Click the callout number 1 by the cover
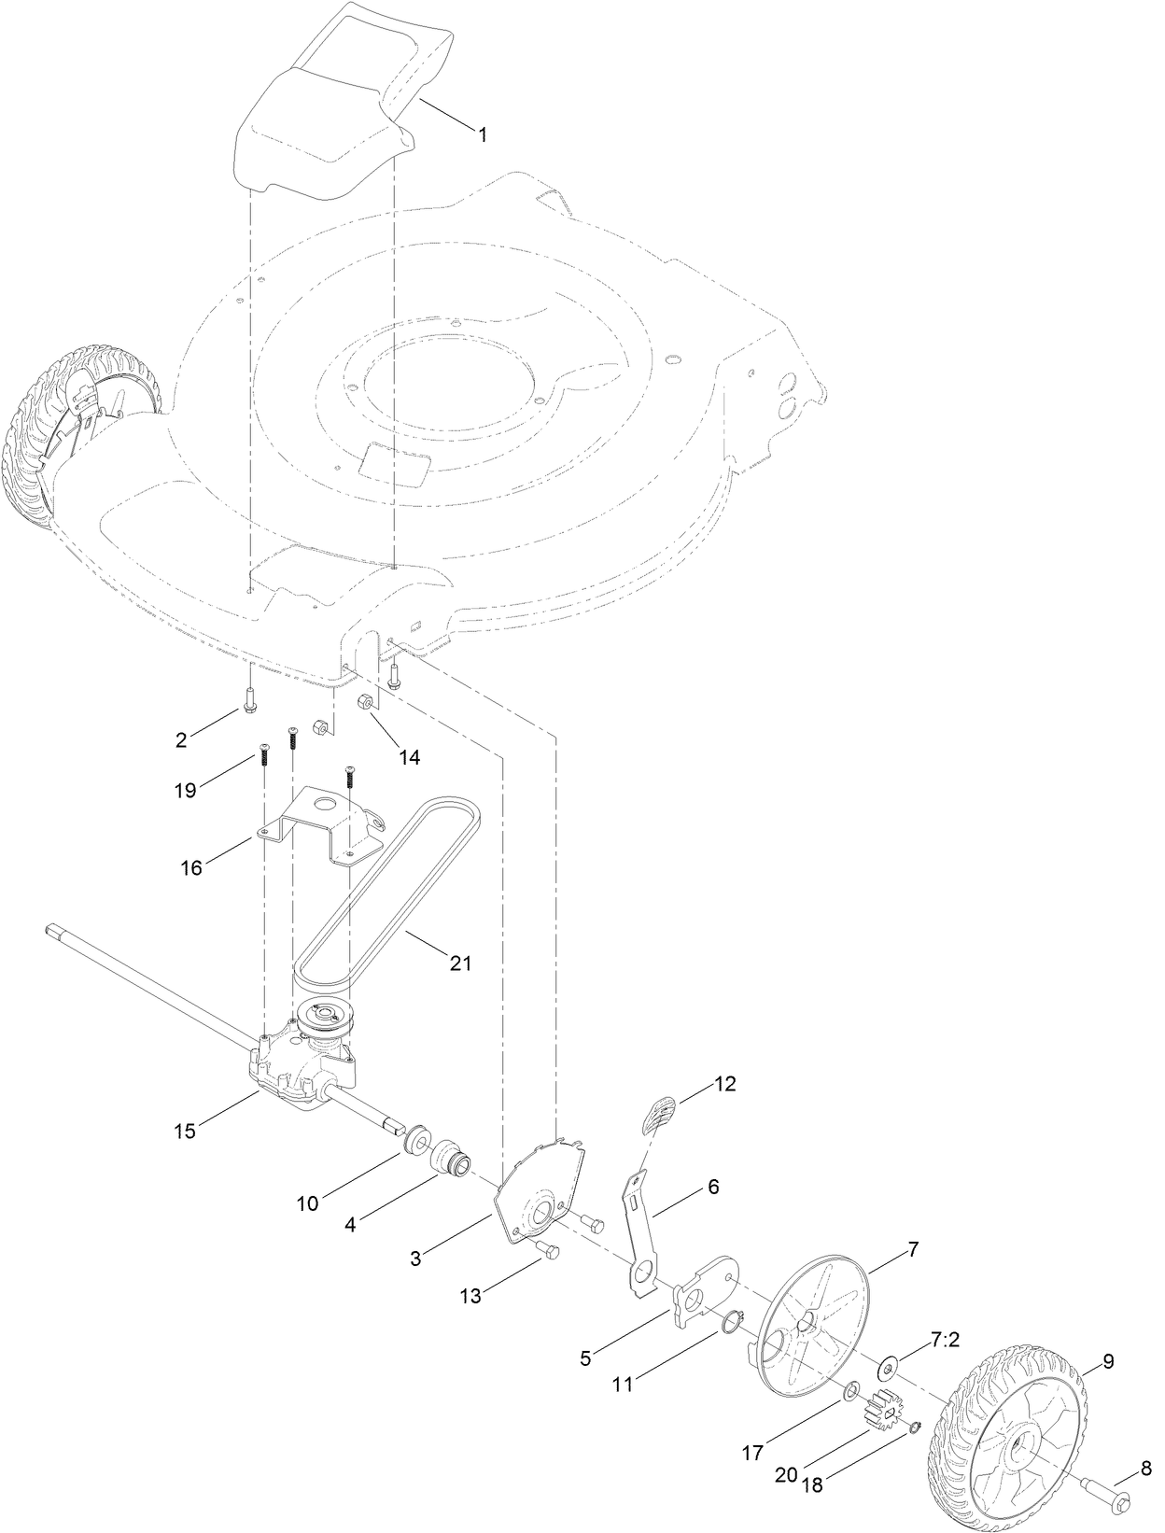(483, 134)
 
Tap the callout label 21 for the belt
(460, 963)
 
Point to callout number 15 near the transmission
(185, 1131)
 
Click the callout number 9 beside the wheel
(1108, 1361)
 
